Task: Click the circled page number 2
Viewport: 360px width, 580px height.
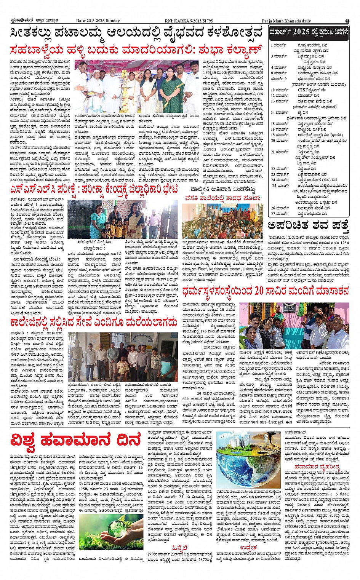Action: pyautogui.click(x=347, y=21)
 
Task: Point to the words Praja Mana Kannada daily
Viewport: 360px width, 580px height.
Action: pyautogui.click(x=286, y=21)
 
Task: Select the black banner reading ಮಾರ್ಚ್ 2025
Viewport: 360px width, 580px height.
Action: pyautogui.click(x=309, y=32)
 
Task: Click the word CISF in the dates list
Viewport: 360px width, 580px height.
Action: pyautogui.click(x=303, y=90)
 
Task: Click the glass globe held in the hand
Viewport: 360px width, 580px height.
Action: pyautogui.click(x=115, y=528)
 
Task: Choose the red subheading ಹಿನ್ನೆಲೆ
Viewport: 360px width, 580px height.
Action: pyautogui.click(x=179, y=547)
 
